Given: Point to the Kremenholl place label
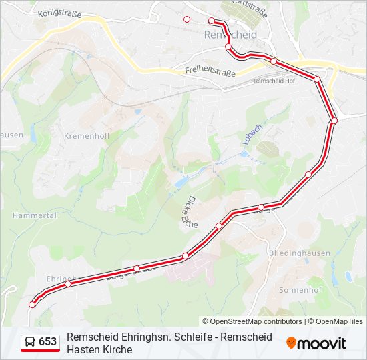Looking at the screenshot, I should (87, 135).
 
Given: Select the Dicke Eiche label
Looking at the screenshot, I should (191, 213).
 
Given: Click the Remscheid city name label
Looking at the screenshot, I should (230, 34).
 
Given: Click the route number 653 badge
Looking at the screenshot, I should (48, 342).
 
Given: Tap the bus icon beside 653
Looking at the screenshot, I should (31, 342).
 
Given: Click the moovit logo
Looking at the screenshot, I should (316, 343).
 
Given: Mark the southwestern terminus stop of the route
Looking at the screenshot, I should (32, 305).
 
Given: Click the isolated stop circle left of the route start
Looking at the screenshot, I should (187, 19).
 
